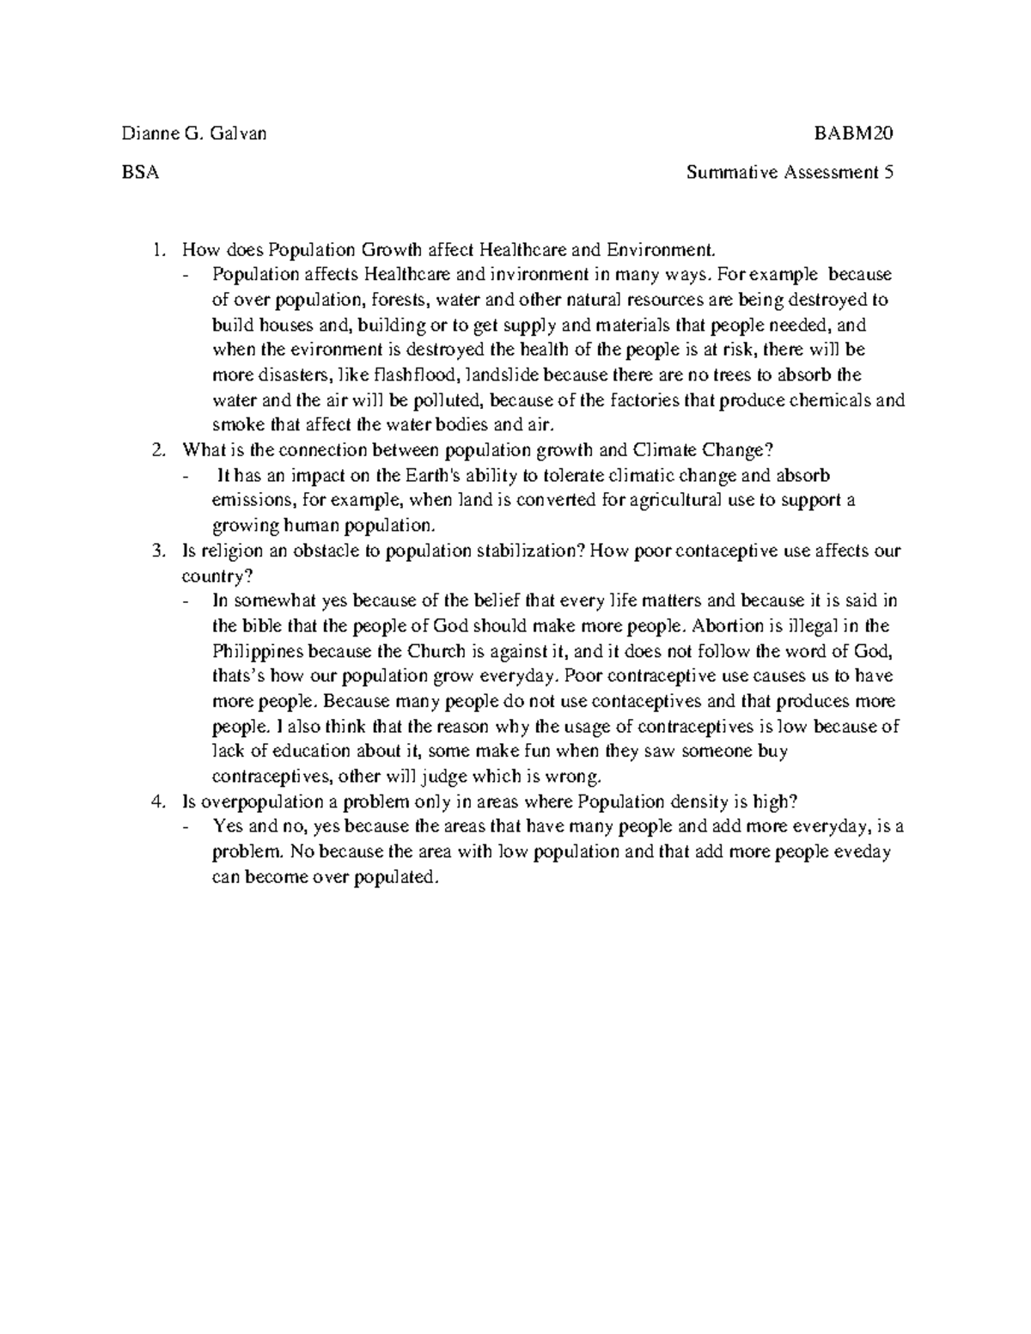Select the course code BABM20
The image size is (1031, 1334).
[x=855, y=133]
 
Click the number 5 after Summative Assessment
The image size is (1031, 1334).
[x=889, y=172]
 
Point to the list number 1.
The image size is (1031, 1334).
[x=156, y=250]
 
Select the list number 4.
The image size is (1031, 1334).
[x=156, y=802]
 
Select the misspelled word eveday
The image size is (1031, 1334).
[x=864, y=852]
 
